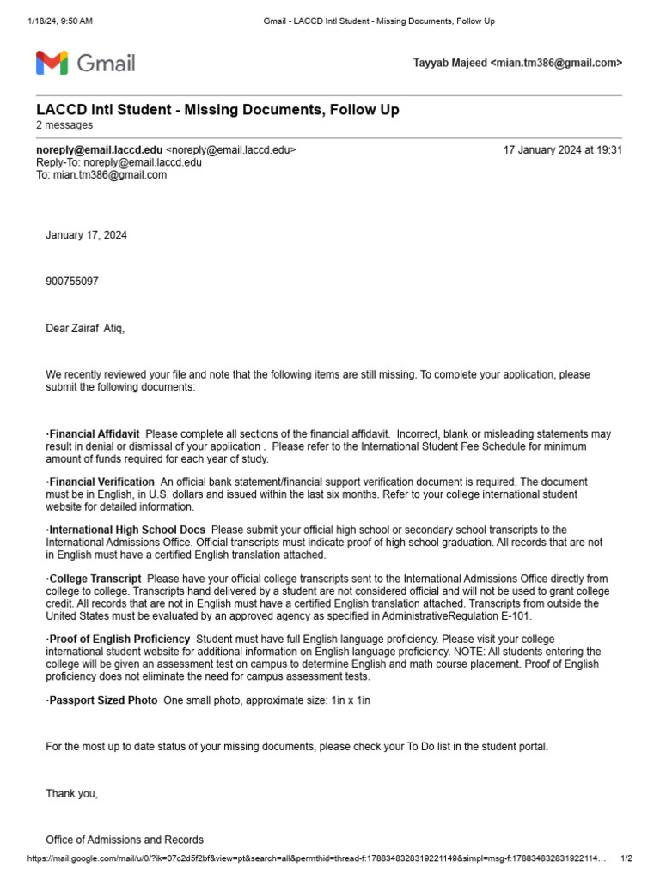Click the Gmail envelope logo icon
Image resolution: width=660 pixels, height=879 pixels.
click(52, 63)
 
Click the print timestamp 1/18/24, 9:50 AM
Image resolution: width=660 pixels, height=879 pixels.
click(60, 21)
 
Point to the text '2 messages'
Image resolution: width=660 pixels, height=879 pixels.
click(64, 125)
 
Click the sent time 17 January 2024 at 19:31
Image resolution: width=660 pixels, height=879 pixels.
click(562, 149)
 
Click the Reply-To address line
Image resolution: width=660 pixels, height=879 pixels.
click(119, 162)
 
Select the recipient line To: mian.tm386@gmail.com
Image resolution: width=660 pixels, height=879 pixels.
click(101, 175)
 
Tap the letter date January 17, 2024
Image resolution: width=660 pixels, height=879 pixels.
click(86, 235)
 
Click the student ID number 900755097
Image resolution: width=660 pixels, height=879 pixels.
click(72, 281)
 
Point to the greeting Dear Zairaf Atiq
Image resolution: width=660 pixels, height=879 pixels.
click(85, 329)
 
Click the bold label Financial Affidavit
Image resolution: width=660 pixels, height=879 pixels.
click(95, 434)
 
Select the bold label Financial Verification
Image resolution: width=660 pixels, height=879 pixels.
click(101, 482)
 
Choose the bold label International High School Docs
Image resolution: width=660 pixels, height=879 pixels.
click(127, 530)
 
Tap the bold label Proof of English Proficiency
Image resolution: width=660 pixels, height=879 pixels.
click(119, 640)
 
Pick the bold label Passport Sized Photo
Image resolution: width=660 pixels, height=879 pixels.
click(102, 700)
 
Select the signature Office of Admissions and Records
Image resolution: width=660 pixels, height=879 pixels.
click(125, 840)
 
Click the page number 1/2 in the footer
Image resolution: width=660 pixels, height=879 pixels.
click(626, 858)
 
